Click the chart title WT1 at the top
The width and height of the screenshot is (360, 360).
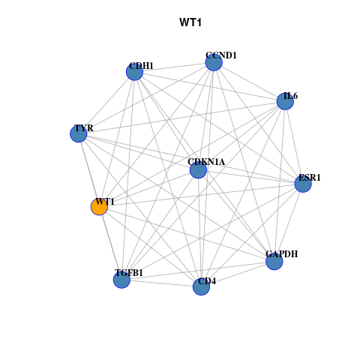click(x=190, y=22)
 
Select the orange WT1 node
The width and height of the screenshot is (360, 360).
click(x=99, y=207)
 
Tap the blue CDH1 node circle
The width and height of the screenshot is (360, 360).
click(x=134, y=72)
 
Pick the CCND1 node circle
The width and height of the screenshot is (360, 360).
click(x=214, y=62)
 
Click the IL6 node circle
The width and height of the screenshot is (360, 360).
click(x=285, y=101)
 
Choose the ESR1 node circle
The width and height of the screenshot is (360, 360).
click(x=303, y=184)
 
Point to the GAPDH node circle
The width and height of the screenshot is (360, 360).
click(x=274, y=262)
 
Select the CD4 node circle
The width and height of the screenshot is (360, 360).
click(x=201, y=286)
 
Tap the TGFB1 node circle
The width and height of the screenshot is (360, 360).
click(x=121, y=280)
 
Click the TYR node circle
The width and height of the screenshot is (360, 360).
click(x=79, y=133)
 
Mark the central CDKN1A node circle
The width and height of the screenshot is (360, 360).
click(x=198, y=170)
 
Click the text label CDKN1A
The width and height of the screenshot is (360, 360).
click(x=206, y=162)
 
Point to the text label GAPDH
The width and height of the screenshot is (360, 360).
click(x=282, y=254)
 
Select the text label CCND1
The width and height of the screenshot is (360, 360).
click(x=221, y=55)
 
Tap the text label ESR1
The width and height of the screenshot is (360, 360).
click(x=310, y=178)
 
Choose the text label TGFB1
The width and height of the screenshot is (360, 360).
click(x=129, y=273)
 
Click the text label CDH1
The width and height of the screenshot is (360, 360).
click(x=141, y=66)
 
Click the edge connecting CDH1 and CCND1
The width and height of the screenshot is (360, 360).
click(x=174, y=67)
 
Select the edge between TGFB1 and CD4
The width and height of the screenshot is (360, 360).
click(x=161, y=283)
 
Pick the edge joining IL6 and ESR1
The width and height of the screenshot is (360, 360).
click(x=294, y=142)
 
